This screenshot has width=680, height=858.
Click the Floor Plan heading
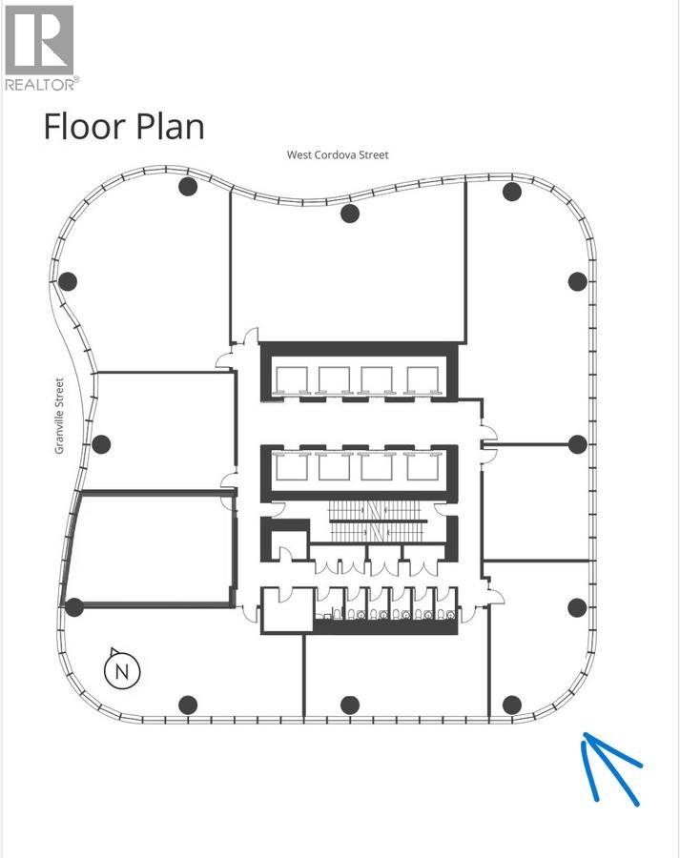click(x=124, y=127)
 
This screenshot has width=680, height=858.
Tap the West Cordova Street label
click(x=338, y=154)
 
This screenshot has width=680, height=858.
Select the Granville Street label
click(x=59, y=416)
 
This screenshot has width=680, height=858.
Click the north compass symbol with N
click(x=122, y=670)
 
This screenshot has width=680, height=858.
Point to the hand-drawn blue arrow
click(x=610, y=768)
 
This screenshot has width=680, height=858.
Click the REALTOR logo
click(x=40, y=48)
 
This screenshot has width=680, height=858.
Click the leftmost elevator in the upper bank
click(x=292, y=379)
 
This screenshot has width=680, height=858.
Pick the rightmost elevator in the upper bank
click(x=422, y=379)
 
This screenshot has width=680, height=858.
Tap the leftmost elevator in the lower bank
click(x=292, y=465)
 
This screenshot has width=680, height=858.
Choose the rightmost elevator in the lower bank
click(x=422, y=465)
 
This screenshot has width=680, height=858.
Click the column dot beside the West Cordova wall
click(x=350, y=214)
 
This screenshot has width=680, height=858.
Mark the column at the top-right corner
click(x=512, y=192)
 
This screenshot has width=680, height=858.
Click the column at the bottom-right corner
click(x=512, y=705)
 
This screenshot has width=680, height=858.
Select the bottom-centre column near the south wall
click(x=350, y=705)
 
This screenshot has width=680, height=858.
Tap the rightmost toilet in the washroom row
click(x=449, y=614)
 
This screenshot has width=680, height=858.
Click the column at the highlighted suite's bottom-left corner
click(x=74, y=607)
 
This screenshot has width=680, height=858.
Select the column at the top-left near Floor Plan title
click(x=188, y=187)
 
